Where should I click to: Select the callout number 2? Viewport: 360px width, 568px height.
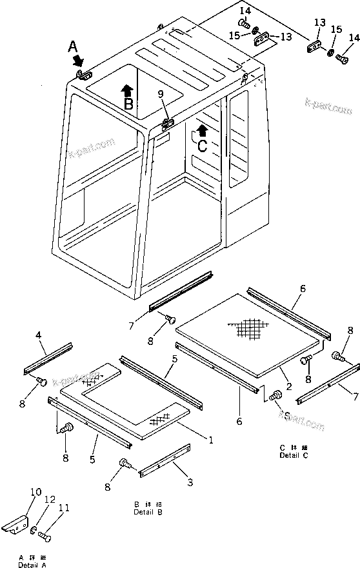288,387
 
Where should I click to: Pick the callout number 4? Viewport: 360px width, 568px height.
38,335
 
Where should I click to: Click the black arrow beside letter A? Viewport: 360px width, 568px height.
79,61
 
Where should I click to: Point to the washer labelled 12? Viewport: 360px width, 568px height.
33,531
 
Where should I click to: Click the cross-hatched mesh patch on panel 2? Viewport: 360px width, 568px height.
250,329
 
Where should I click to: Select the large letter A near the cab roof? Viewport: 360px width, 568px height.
73,46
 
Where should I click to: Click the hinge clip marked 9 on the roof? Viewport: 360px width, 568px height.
168,123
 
